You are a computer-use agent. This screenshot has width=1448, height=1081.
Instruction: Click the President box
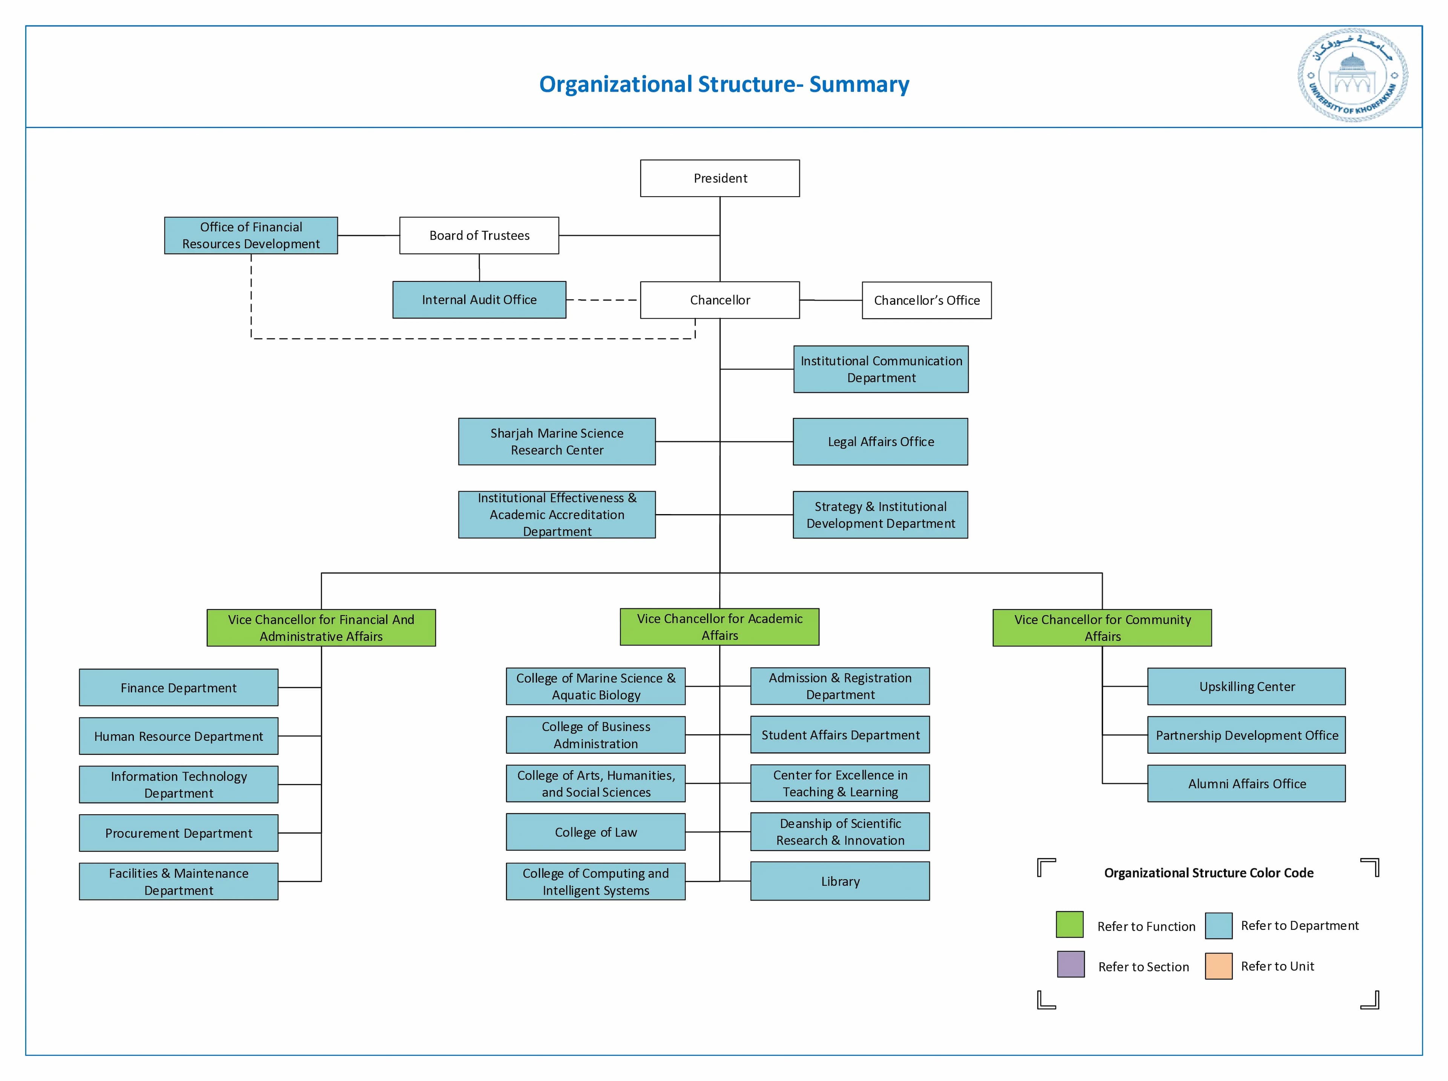point(719,178)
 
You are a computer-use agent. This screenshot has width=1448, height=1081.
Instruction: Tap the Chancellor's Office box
point(926,300)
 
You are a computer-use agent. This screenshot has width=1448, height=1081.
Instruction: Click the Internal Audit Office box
point(479,300)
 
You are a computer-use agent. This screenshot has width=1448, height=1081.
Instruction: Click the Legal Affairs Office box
point(880,442)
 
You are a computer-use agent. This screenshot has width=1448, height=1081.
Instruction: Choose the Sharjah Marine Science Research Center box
point(557,442)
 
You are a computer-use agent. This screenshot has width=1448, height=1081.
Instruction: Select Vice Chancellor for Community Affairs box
point(1102,628)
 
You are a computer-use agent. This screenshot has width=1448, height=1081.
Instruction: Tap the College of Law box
point(595,832)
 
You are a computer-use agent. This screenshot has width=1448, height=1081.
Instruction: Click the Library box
point(840,881)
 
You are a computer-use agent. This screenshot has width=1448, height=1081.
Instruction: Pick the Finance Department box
point(178,688)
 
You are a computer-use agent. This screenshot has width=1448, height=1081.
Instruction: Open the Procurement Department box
point(178,833)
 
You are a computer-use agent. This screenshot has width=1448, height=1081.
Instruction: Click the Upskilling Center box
point(1246,686)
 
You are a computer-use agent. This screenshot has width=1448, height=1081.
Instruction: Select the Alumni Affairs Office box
point(1246,783)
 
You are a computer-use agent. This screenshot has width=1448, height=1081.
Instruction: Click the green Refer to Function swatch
point(1069,924)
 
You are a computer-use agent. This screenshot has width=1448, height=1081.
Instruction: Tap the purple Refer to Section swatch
point(1071,964)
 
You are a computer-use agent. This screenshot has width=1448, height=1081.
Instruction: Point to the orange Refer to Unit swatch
point(1218,966)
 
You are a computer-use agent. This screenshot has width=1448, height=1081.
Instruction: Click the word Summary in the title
point(859,84)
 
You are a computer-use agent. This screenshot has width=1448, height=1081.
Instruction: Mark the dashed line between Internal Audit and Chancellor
point(602,300)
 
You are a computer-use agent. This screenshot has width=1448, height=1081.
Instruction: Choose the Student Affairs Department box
point(840,735)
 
